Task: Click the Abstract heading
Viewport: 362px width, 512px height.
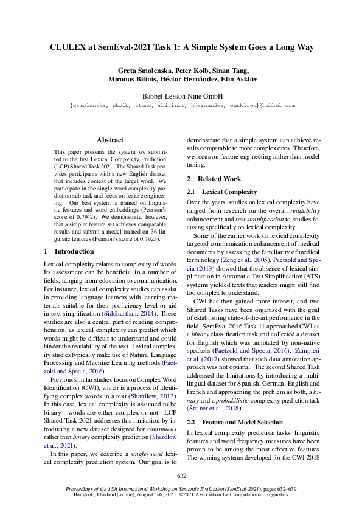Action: [110, 140]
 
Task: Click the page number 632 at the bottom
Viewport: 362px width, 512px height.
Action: [181, 476]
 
